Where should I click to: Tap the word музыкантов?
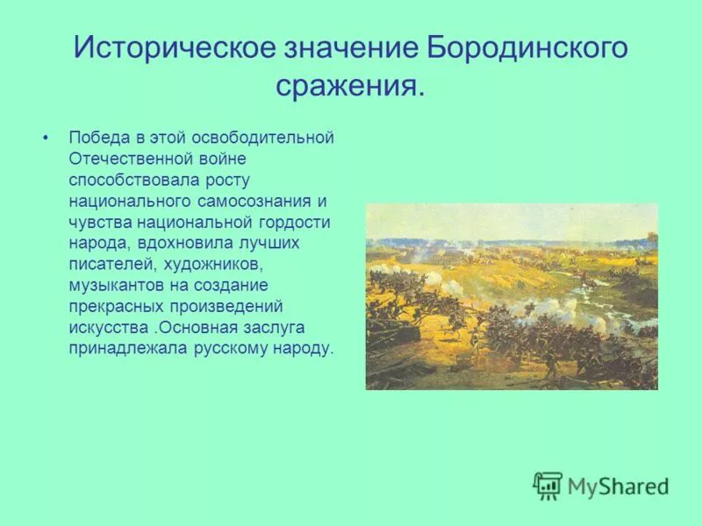pos(112,285)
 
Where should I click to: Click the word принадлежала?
pos(118,348)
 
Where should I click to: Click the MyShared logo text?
pos(618,485)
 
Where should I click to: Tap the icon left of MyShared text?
pos(548,485)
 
